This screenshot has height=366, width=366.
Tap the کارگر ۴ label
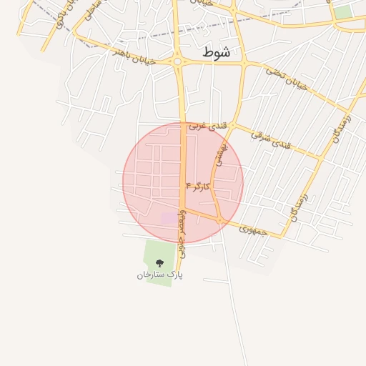point(198,187)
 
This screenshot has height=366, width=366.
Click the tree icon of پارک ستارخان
point(159,263)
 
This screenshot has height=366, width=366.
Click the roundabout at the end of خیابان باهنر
point(177,62)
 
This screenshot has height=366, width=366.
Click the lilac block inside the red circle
point(167,218)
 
